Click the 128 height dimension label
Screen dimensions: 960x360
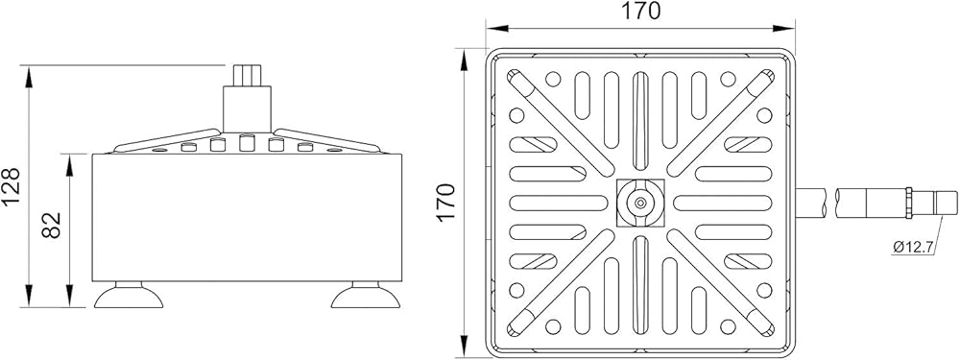pyautogui.click(x=12, y=186)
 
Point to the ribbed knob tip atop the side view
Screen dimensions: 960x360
pyautogui.click(x=247, y=75)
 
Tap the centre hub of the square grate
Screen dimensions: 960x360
pyautogui.click(x=640, y=203)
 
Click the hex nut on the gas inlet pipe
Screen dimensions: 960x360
pyautogui.click(x=909, y=203)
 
